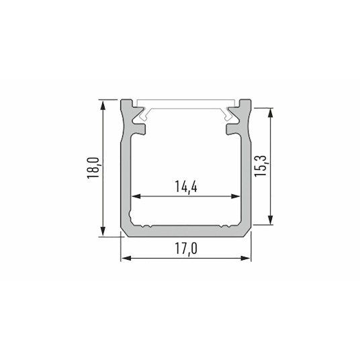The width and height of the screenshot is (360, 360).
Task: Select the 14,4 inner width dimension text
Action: click(185, 187)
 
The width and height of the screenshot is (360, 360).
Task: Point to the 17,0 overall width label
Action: click(185, 249)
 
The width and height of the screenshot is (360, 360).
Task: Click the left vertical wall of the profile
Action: click(125, 175)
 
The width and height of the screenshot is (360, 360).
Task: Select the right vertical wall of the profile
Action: click(246, 175)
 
